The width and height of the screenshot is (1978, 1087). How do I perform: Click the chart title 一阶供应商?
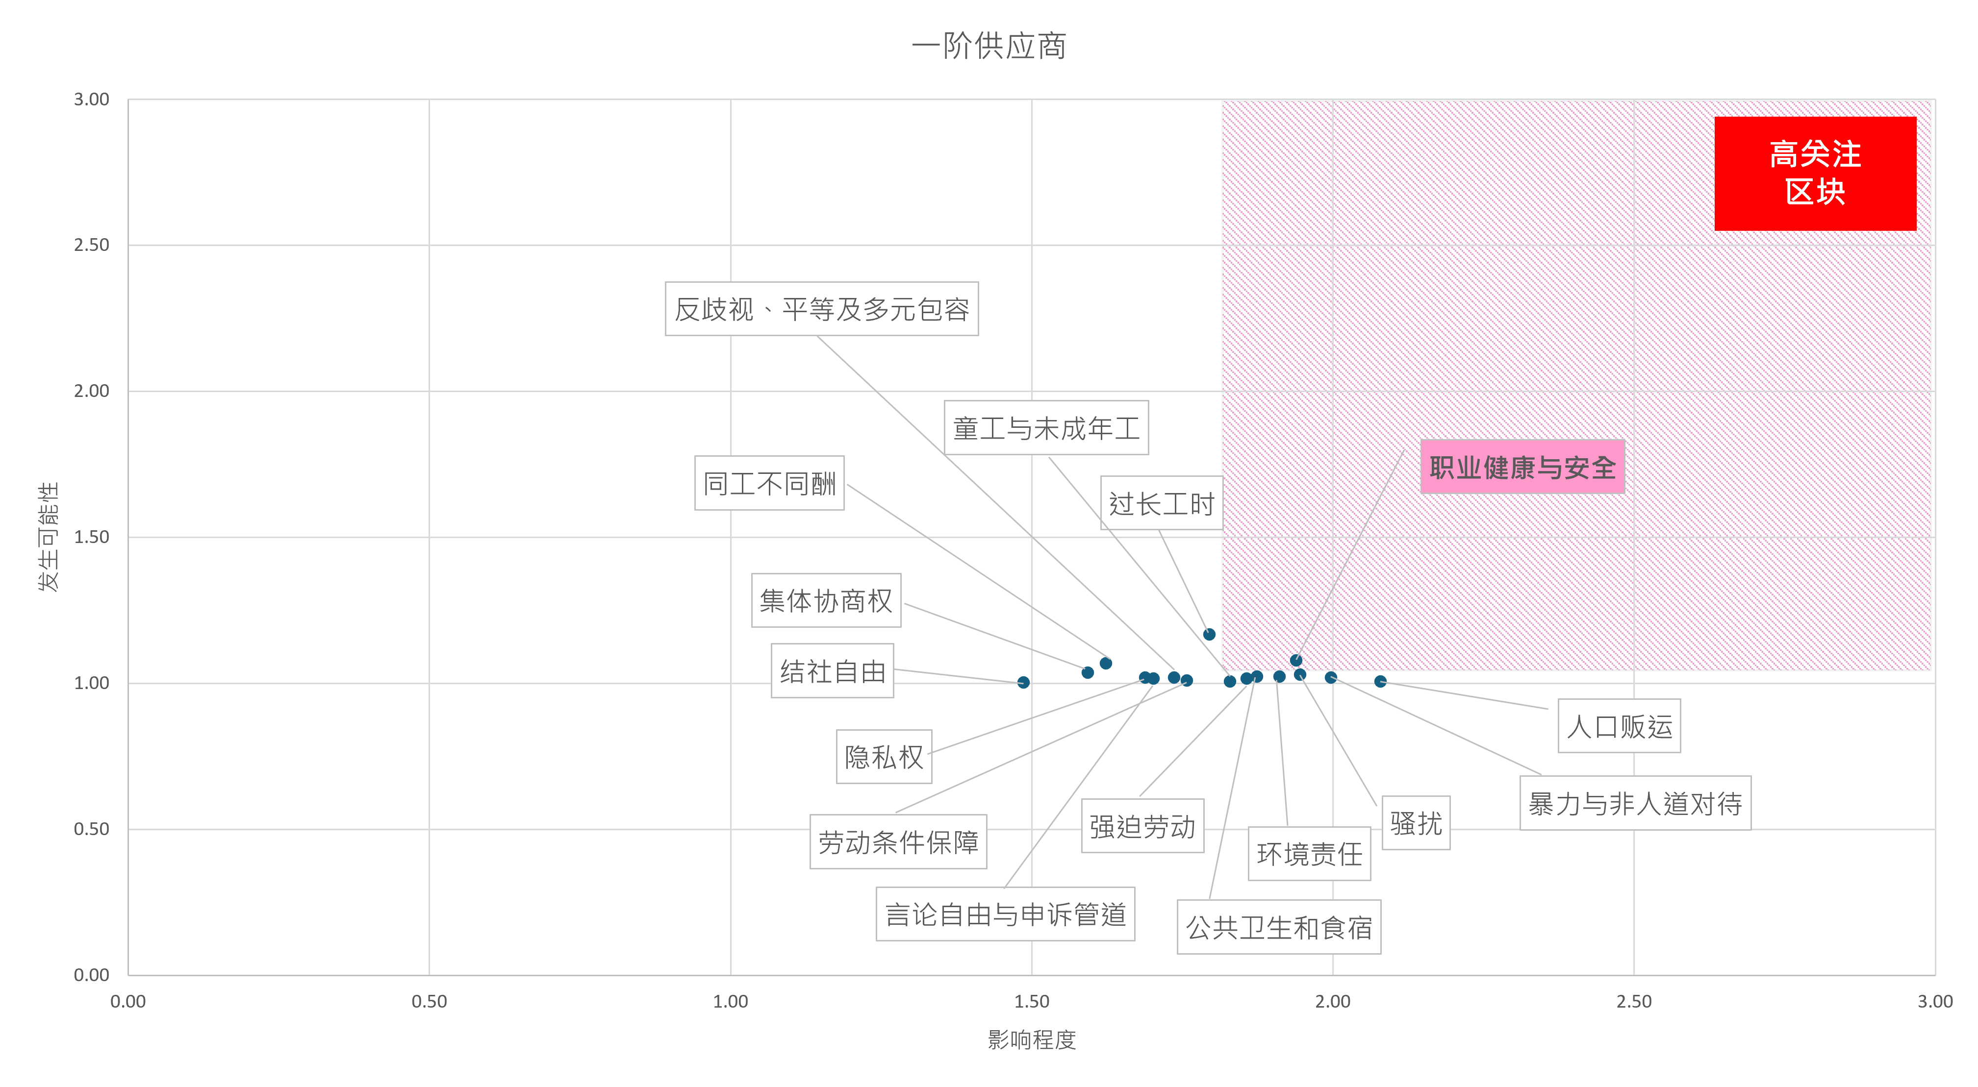tap(989, 46)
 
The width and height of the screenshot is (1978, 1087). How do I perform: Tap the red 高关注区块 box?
tap(1815, 173)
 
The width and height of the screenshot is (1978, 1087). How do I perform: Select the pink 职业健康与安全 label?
tap(1522, 467)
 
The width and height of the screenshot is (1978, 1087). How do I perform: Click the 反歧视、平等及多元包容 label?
tap(822, 309)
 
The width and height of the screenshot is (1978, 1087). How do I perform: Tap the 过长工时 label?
tap(1161, 504)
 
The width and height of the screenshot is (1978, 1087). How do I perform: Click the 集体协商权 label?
tap(826, 600)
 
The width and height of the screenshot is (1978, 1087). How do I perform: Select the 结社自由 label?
tap(833, 671)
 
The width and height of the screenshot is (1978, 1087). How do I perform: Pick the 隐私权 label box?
tap(884, 757)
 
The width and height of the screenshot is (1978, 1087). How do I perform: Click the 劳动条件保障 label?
tap(898, 842)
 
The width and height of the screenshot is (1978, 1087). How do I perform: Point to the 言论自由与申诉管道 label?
tap(1005, 914)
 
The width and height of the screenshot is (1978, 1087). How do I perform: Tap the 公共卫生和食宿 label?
tap(1279, 927)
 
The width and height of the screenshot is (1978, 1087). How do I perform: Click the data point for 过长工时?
tap(1209, 635)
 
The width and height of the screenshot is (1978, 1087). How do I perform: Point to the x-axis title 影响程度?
tap(1031, 1040)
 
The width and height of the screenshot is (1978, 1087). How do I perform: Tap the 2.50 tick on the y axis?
tap(91, 245)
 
